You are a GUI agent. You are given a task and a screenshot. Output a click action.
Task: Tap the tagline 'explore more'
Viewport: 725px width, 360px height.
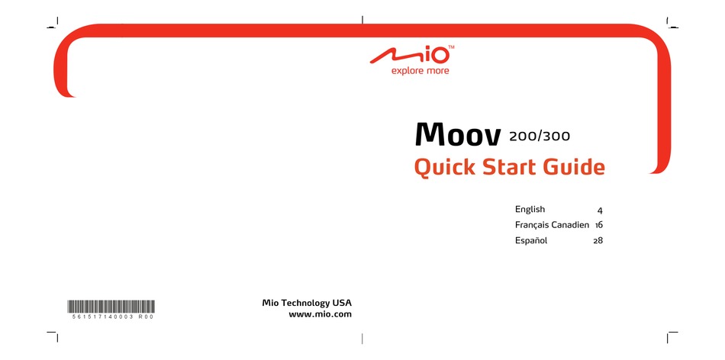point(420,71)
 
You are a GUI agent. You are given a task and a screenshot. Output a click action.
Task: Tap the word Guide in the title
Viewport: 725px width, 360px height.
point(574,166)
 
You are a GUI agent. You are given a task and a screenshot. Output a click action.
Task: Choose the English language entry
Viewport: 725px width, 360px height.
point(530,209)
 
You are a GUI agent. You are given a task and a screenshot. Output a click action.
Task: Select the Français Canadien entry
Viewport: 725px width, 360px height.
point(552,225)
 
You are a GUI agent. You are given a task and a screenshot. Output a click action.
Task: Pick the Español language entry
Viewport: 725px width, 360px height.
point(532,241)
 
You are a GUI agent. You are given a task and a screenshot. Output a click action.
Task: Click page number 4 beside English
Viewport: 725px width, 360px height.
point(600,210)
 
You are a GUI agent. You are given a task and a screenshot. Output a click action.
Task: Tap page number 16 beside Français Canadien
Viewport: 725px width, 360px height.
point(599,225)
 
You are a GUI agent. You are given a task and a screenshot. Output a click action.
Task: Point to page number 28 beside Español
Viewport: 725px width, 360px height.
point(598,241)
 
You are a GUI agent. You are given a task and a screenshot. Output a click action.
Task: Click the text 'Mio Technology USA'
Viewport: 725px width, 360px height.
point(307,303)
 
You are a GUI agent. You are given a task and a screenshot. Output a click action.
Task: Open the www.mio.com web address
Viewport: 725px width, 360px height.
point(321,314)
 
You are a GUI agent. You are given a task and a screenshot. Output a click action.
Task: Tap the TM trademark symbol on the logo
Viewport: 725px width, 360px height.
point(451,48)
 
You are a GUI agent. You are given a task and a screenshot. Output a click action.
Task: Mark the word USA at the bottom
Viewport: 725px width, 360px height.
point(342,303)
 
